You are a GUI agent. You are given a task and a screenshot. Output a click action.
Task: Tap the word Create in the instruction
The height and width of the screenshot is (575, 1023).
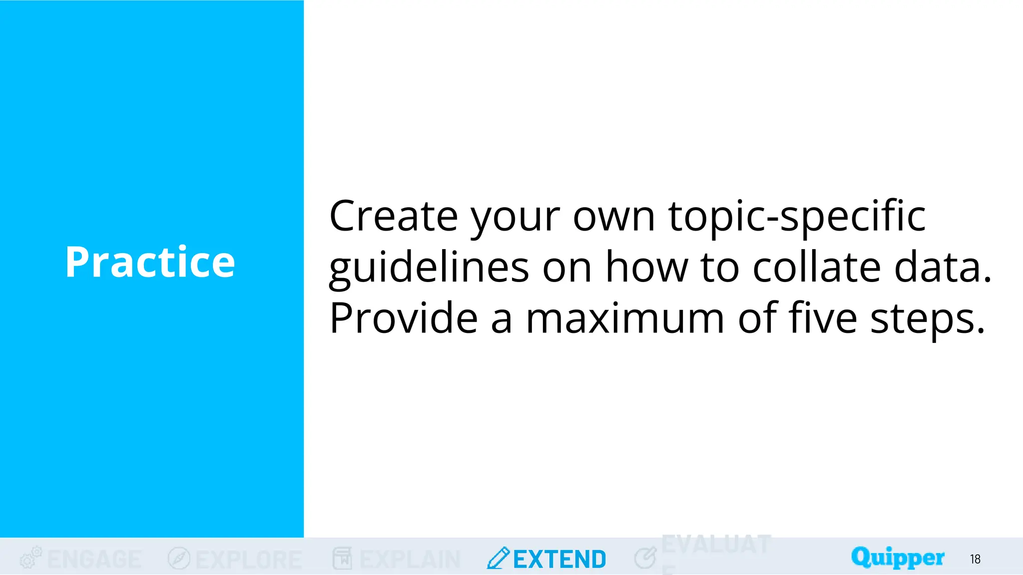pyautogui.click(x=393, y=217)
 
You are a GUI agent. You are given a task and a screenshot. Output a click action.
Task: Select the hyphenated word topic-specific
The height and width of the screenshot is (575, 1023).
pyautogui.click(x=797, y=217)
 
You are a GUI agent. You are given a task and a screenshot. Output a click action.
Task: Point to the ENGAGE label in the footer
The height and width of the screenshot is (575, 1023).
pyautogui.click(x=94, y=560)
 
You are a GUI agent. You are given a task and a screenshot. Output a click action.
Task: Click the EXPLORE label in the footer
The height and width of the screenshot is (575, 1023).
pyautogui.click(x=249, y=560)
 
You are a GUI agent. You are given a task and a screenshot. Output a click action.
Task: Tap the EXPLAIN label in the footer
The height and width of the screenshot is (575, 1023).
pyautogui.click(x=410, y=560)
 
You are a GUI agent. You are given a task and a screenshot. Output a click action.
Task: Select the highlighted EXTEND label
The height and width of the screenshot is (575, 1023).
pyautogui.click(x=559, y=560)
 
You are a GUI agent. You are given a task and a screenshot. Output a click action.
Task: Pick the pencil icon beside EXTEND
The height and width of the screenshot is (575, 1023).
pyautogui.click(x=498, y=558)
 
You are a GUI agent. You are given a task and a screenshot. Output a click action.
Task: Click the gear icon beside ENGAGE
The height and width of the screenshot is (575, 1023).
pyautogui.click(x=30, y=558)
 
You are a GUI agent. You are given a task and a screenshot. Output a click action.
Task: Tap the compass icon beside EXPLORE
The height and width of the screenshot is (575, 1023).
pyautogui.click(x=179, y=558)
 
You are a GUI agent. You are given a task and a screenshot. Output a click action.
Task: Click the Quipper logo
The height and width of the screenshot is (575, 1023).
pyautogui.click(x=898, y=558)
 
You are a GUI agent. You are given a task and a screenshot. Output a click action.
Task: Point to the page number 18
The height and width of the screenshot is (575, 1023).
pyautogui.click(x=975, y=560)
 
